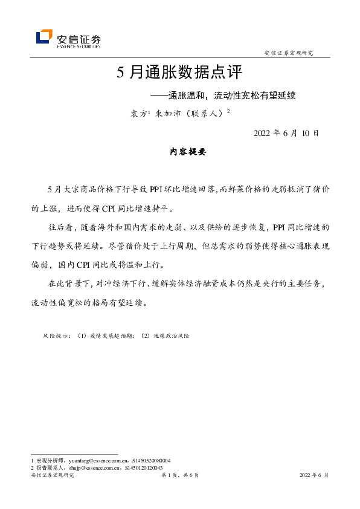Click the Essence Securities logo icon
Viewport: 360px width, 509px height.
[x=44, y=37]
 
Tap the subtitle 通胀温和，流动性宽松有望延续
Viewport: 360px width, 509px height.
[x=231, y=96]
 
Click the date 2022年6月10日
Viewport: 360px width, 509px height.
[x=286, y=133]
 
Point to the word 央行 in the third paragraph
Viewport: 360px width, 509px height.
[x=269, y=284]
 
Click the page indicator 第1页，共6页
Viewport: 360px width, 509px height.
[x=179, y=476]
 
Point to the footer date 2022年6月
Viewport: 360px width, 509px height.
[x=313, y=476]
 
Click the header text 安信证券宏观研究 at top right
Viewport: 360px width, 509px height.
[x=289, y=53]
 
